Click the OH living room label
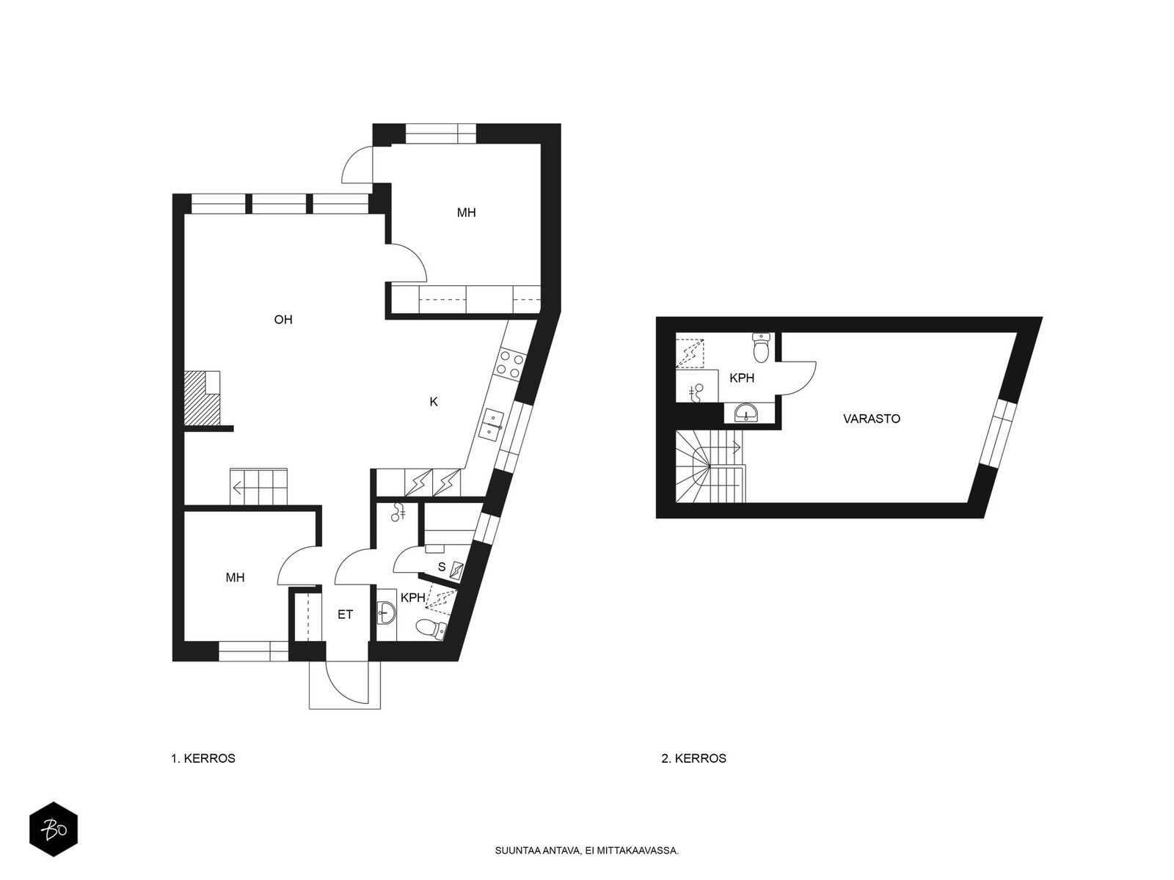tap(283, 320)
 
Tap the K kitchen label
tap(433, 402)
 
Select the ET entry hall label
tap(345, 615)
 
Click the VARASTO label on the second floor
tap(871, 419)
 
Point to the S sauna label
tap(441, 567)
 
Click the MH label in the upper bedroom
tap(466, 213)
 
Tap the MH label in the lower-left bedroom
tap(235, 578)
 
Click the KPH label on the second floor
tap(742, 378)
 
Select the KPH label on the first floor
tap(412, 598)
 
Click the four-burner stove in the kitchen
tap(509, 363)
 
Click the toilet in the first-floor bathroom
tap(431, 628)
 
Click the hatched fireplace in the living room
tap(202, 398)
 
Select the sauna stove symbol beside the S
tap(456, 571)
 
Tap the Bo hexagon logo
tap(54, 829)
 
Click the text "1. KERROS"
tap(203, 758)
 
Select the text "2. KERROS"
tap(693, 758)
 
